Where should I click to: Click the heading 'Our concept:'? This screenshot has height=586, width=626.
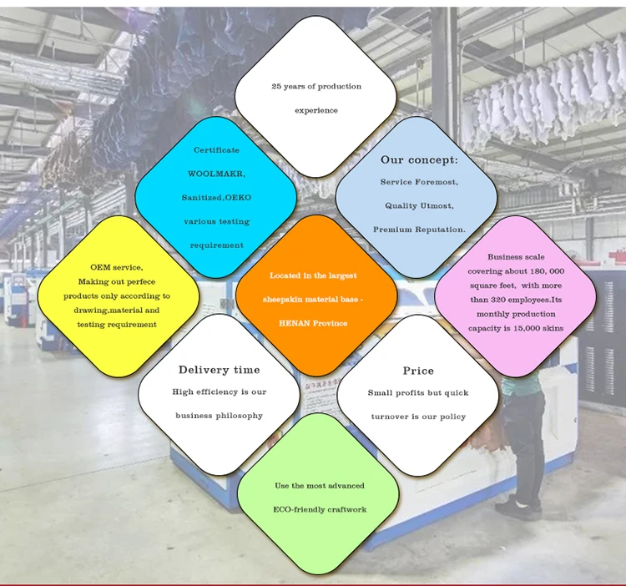(x=419, y=159)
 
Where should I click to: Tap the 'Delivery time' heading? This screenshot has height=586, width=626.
(x=219, y=370)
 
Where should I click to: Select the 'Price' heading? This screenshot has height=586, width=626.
(x=418, y=370)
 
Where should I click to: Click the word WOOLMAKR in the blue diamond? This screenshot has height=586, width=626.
(x=216, y=174)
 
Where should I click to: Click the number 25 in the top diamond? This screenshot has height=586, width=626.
(x=277, y=86)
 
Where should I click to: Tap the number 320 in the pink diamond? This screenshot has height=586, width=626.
(x=502, y=300)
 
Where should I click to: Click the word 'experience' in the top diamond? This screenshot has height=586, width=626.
(x=316, y=110)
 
